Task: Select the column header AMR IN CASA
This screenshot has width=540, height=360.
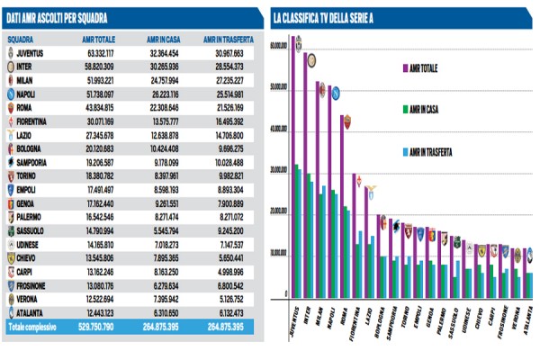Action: [x=163, y=40]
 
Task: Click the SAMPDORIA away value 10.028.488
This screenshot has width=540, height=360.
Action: [x=226, y=161]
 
